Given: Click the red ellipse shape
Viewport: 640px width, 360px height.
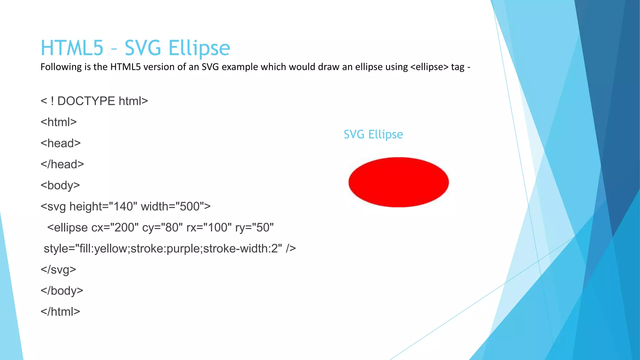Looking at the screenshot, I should (x=398, y=182).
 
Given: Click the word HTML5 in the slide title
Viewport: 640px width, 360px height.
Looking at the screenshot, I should (x=72, y=48).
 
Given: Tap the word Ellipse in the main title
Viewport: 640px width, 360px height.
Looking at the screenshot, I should (x=199, y=48).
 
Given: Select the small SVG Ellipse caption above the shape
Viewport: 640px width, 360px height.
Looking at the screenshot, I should (x=373, y=134).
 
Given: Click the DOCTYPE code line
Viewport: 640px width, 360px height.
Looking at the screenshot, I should (x=94, y=101).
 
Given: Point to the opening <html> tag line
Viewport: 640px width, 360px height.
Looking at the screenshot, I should (x=58, y=122).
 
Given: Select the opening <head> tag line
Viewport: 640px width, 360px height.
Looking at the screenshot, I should (x=61, y=143).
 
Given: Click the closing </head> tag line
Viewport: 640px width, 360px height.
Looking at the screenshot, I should (x=62, y=164).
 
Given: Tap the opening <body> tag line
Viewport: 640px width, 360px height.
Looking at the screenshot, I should (x=60, y=185).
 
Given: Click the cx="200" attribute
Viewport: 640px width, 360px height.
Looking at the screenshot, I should (x=115, y=227).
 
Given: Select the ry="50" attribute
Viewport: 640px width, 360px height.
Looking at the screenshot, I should (x=254, y=227).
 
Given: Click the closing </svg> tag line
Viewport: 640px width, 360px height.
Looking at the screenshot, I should (x=58, y=270).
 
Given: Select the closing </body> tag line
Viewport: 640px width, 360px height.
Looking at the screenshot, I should (x=62, y=291).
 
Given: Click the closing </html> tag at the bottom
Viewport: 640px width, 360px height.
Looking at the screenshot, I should (x=60, y=312).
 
